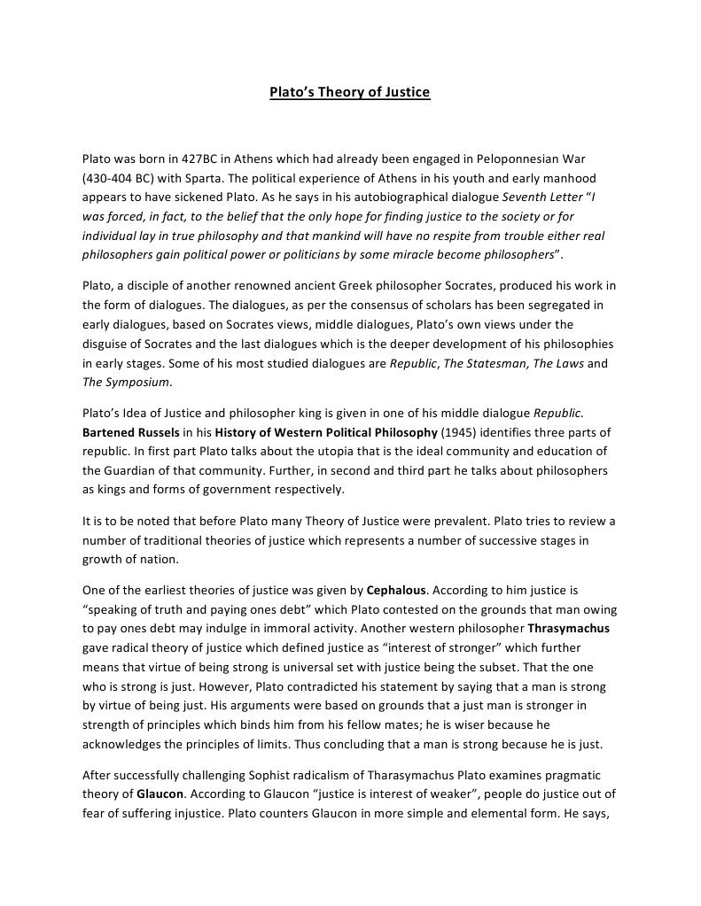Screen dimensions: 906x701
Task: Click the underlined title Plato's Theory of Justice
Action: tap(350, 92)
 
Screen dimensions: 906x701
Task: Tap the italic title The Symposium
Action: tap(127, 382)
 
